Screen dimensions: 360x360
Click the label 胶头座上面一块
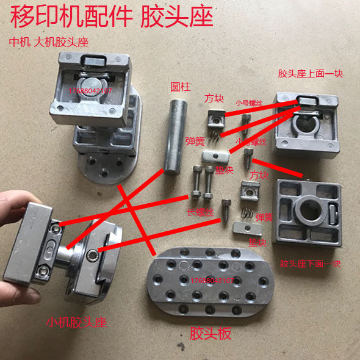311,74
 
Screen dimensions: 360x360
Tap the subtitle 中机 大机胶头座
48,43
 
